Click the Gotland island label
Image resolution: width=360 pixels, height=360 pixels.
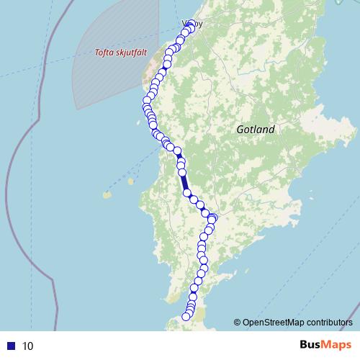click(256, 130)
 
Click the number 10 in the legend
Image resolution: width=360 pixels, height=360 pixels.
click(28, 346)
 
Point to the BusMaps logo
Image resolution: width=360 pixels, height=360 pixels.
click(320, 345)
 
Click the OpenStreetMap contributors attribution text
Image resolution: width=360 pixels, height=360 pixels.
click(297, 323)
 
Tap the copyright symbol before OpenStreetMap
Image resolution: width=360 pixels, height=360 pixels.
click(237, 323)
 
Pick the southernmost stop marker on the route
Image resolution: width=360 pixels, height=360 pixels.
click(186, 316)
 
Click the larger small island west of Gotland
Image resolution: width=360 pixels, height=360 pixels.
click(107, 194)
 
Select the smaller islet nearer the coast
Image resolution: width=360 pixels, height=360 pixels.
click(131, 181)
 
